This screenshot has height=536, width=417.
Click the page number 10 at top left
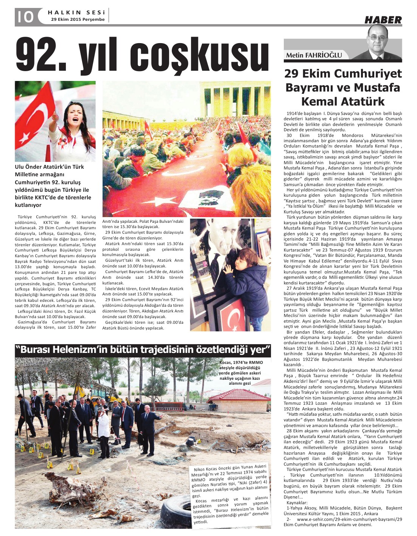pos(24,17)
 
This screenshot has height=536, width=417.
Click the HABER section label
pos(383,20)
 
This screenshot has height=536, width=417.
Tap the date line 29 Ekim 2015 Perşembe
pos(78,20)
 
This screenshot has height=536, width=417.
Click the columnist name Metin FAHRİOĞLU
pos(314,55)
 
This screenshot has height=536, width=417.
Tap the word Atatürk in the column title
pos(363,101)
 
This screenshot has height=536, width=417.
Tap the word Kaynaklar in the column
pos(297,503)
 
